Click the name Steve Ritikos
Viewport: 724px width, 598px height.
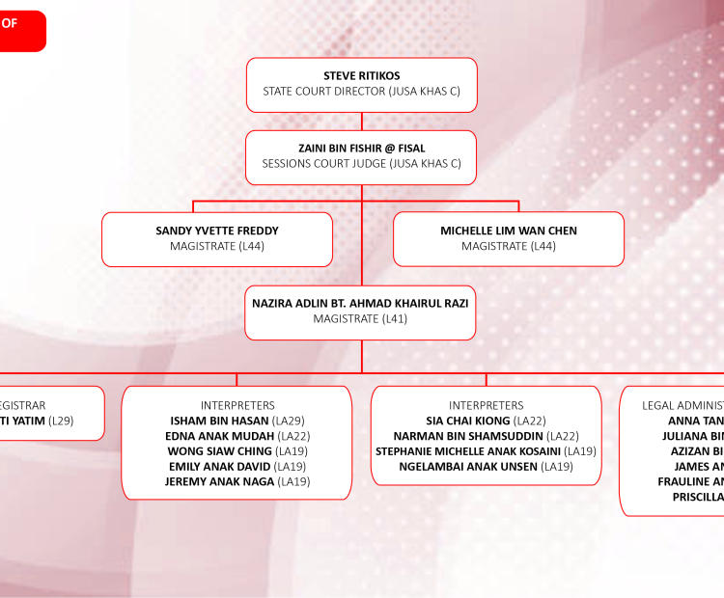tap(361, 75)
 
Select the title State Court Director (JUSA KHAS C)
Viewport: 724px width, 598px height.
tap(361, 92)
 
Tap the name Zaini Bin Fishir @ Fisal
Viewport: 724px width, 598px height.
tap(361, 148)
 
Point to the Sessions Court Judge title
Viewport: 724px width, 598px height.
tap(361, 164)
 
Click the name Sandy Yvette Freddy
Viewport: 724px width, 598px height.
tap(217, 231)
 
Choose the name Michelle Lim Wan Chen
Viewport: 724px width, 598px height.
tap(509, 231)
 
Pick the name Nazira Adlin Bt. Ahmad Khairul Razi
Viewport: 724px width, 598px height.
tap(360, 302)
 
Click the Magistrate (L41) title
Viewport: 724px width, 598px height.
tap(360, 318)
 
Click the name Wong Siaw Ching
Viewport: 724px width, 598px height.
tap(221, 451)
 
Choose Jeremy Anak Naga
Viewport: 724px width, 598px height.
tap(219, 481)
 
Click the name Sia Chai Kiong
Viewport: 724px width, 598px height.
tap(469, 421)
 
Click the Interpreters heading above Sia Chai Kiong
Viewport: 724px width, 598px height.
tap(487, 405)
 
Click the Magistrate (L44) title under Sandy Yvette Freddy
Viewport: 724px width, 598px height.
tap(217, 247)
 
